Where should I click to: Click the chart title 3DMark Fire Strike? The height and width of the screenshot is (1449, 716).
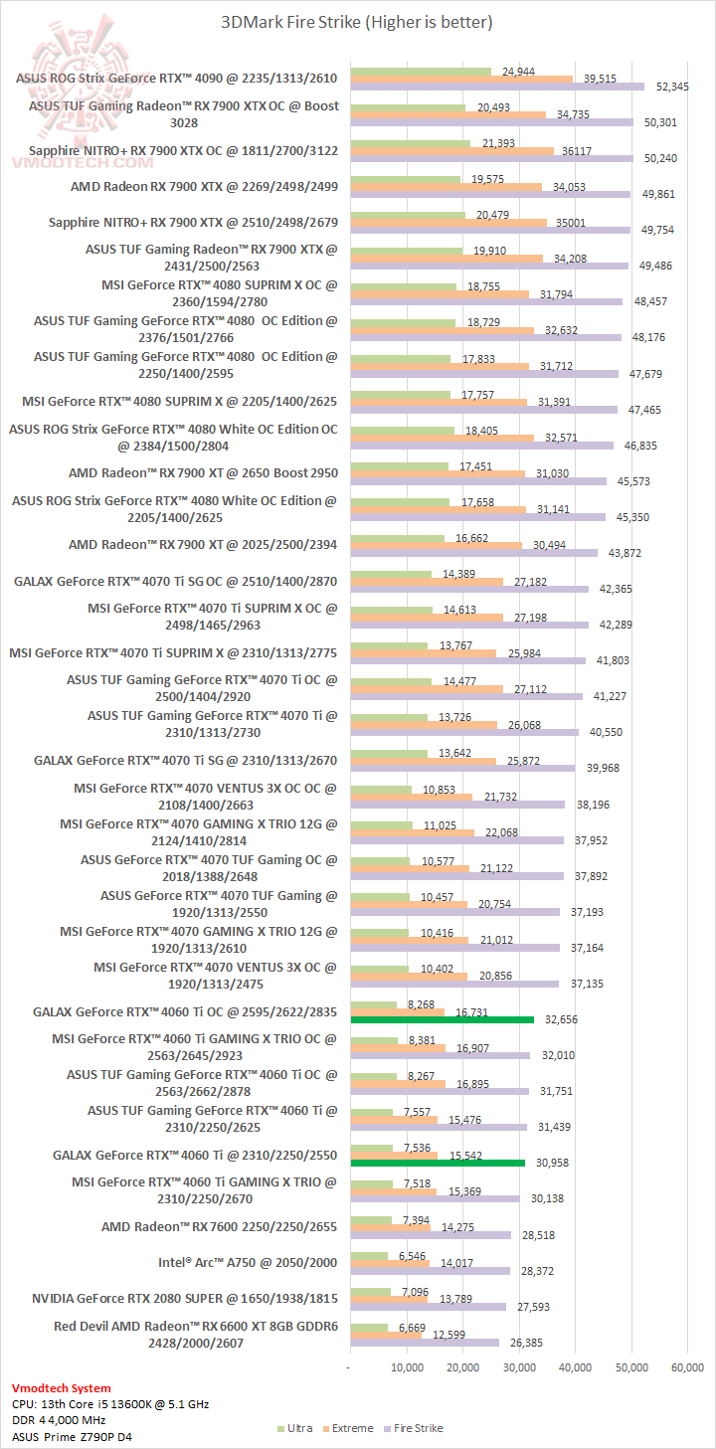click(x=357, y=21)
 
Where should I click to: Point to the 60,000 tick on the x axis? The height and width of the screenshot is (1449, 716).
click(x=688, y=1367)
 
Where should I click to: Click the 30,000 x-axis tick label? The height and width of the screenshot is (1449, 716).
click(x=519, y=1367)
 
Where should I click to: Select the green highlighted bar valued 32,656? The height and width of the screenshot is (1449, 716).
click(x=442, y=1019)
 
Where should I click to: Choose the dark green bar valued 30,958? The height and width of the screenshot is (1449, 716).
click(x=438, y=1163)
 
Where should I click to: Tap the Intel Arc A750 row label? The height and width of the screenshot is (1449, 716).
click(x=248, y=1262)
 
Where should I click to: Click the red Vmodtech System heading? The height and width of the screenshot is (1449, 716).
click(x=62, y=1387)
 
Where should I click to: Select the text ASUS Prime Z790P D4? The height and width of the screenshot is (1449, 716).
click(x=65, y=1436)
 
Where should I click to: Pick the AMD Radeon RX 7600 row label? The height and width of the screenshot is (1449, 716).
click(x=219, y=1226)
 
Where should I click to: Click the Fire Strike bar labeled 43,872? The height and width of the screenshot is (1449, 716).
click(x=473, y=553)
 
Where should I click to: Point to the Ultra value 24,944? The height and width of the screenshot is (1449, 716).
click(x=521, y=72)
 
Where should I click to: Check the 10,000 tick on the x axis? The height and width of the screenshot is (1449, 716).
click(x=408, y=1367)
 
